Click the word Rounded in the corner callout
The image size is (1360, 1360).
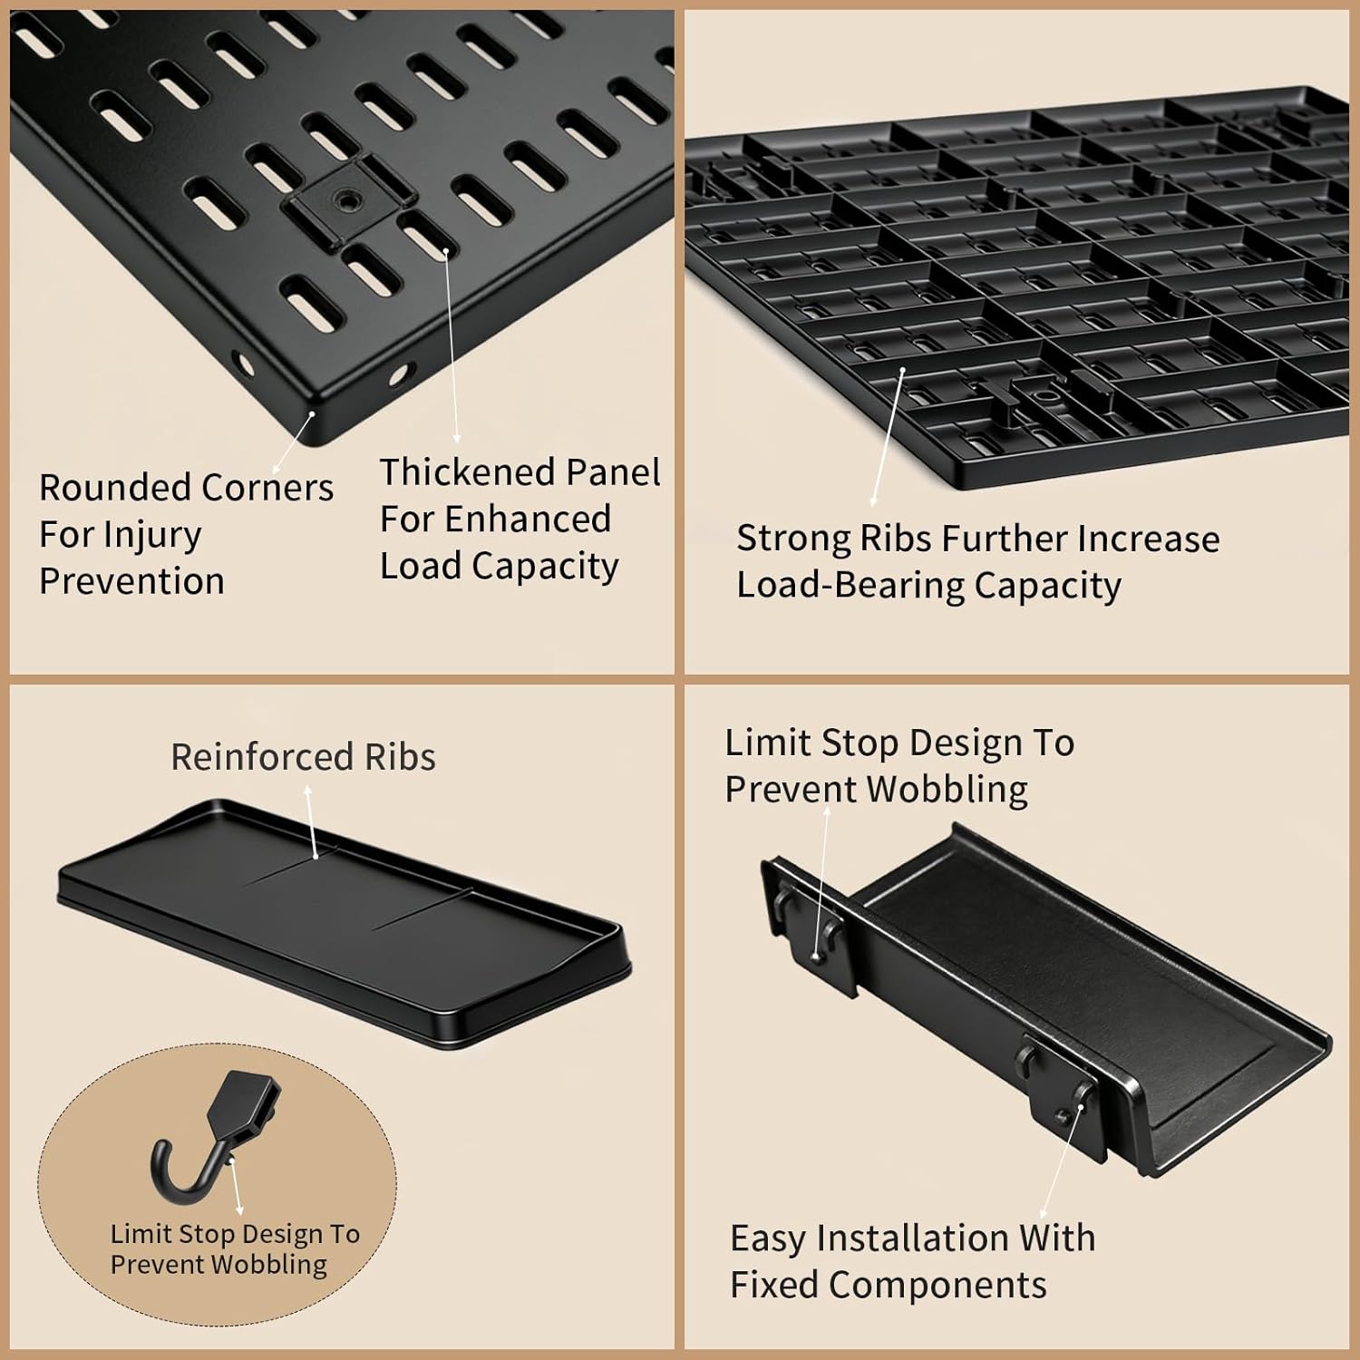(x=102, y=488)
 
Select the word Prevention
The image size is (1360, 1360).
(x=131, y=581)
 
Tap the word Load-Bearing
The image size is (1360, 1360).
(x=850, y=586)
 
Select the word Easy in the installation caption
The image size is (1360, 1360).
(x=765, y=1239)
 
